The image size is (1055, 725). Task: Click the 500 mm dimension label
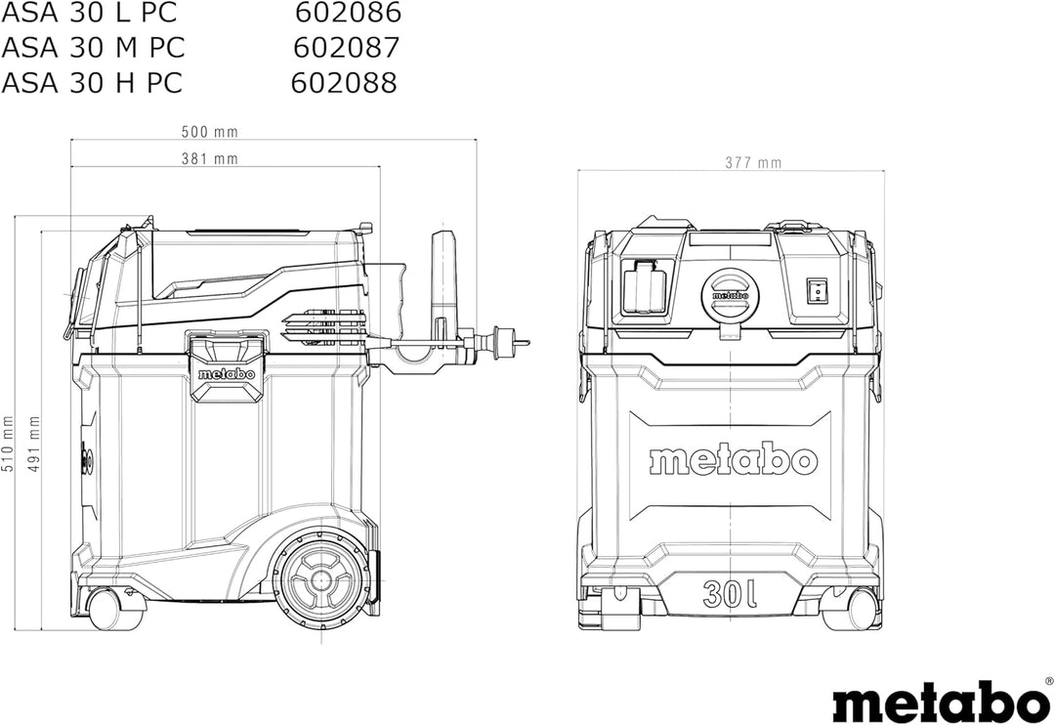(209, 132)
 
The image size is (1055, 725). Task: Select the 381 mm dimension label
(209, 159)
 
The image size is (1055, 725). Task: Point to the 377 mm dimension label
(753, 163)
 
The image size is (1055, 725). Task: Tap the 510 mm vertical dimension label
(8, 444)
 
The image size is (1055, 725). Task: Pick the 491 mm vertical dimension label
(34, 444)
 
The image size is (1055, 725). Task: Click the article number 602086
(349, 12)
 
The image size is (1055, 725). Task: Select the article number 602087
(347, 47)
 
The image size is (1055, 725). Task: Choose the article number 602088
(345, 83)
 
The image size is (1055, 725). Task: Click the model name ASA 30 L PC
(90, 12)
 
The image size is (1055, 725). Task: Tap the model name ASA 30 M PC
(93, 47)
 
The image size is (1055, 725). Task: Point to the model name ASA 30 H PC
(92, 83)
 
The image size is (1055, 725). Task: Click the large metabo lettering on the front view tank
(733, 460)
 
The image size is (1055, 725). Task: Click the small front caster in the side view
(109, 609)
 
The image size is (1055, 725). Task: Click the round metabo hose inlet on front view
(730, 295)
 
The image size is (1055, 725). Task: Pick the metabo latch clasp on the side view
(226, 366)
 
